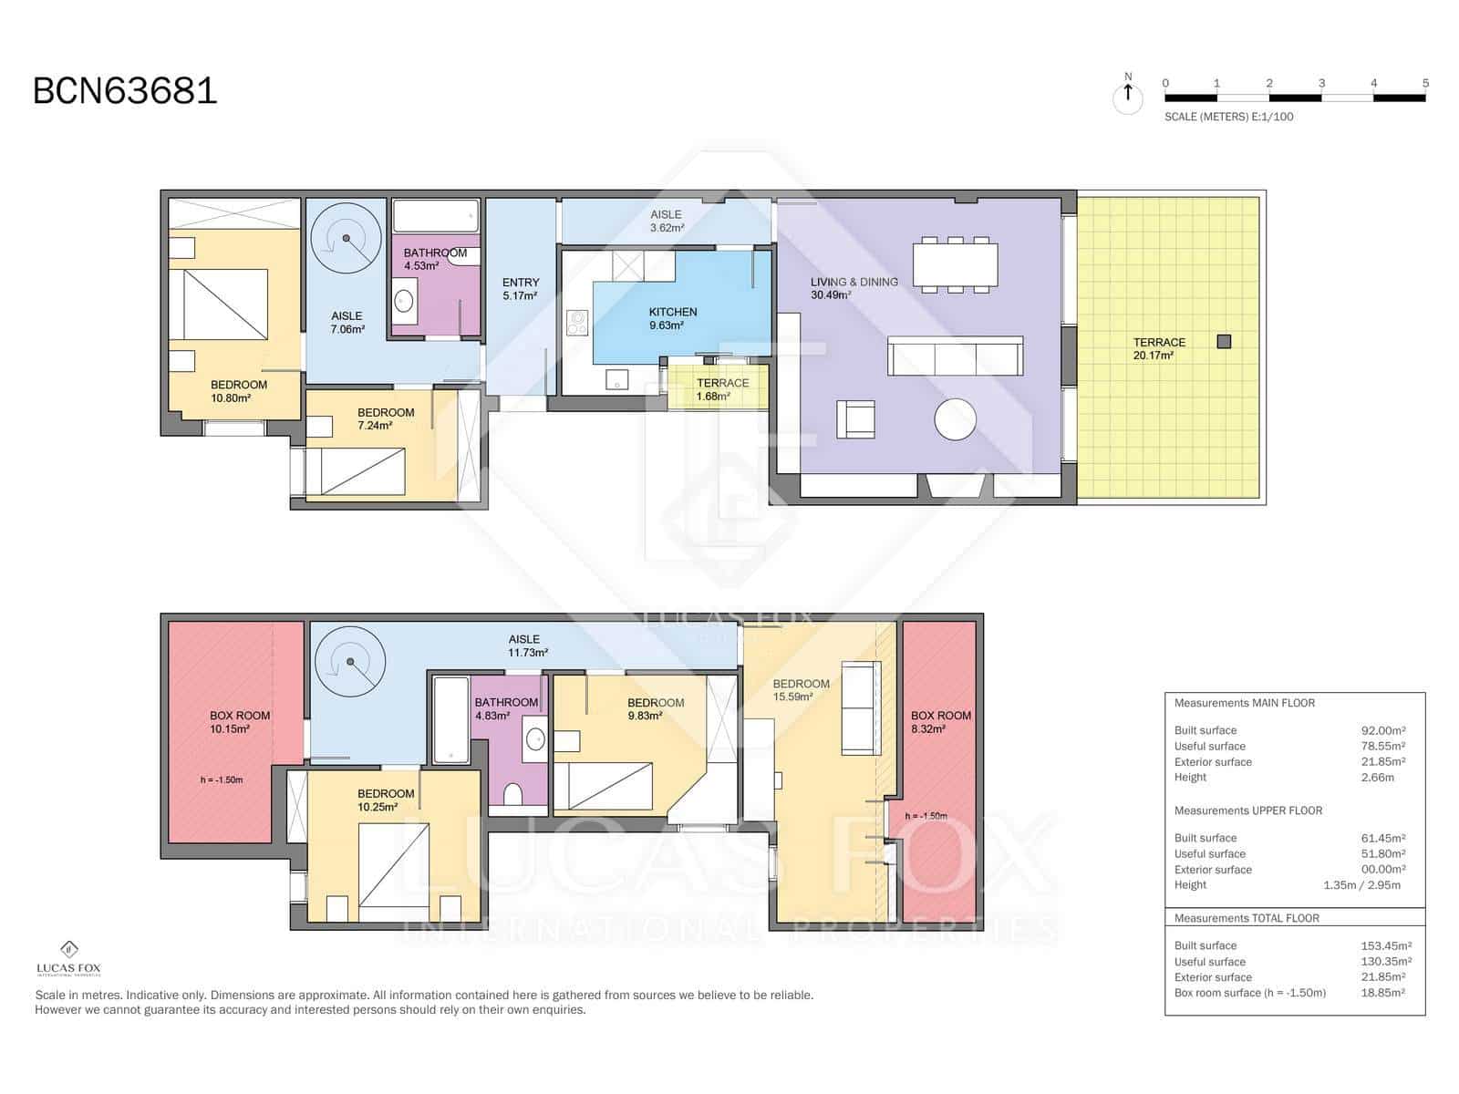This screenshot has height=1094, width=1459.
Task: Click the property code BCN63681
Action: pyautogui.click(x=125, y=91)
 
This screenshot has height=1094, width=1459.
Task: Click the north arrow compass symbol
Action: pyautogui.click(x=1128, y=95)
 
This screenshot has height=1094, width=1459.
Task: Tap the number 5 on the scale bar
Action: pyautogui.click(x=1425, y=83)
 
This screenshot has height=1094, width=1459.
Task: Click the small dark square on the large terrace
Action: pyautogui.click(x=1224, y=342)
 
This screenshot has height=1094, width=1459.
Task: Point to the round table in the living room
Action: pyautogui.click(x=955, y=420)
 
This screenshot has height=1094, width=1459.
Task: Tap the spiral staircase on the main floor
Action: pyautogui.click(x=346, y=239)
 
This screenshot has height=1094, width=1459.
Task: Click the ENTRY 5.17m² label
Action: pyautogui.click(x=521, y=289)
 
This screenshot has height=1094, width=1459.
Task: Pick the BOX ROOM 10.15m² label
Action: pyautogui.click(x=240, y=722)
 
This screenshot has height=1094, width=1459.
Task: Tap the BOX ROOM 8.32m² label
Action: pyautogui.click(x=940, y=722)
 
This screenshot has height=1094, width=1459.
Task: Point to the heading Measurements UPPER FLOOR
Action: pyautogui.click(x=1247, y=810)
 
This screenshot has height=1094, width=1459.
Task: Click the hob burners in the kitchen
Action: pyautogui.click(x=576, y=323)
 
